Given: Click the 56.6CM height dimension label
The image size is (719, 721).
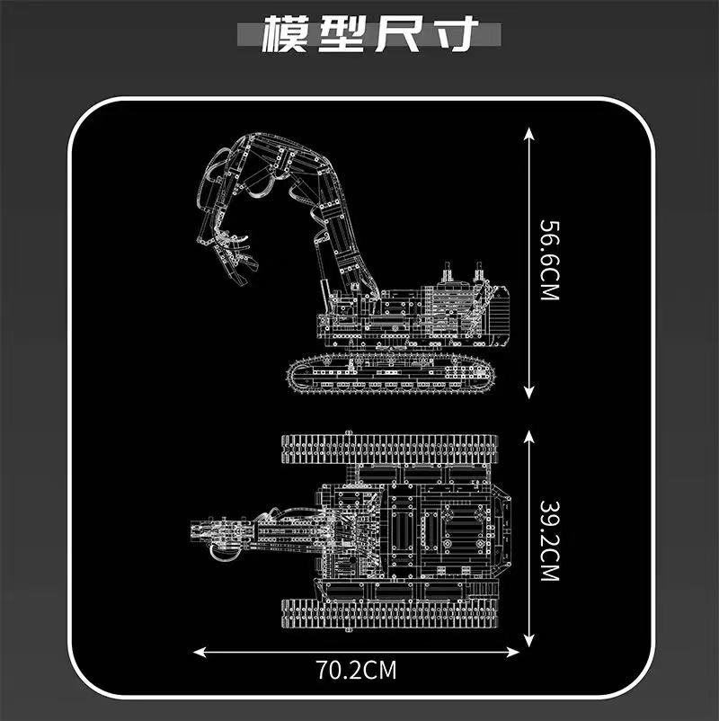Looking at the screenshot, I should tap(547, 261).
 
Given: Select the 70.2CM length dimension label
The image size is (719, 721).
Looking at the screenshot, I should tap(357, 670).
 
